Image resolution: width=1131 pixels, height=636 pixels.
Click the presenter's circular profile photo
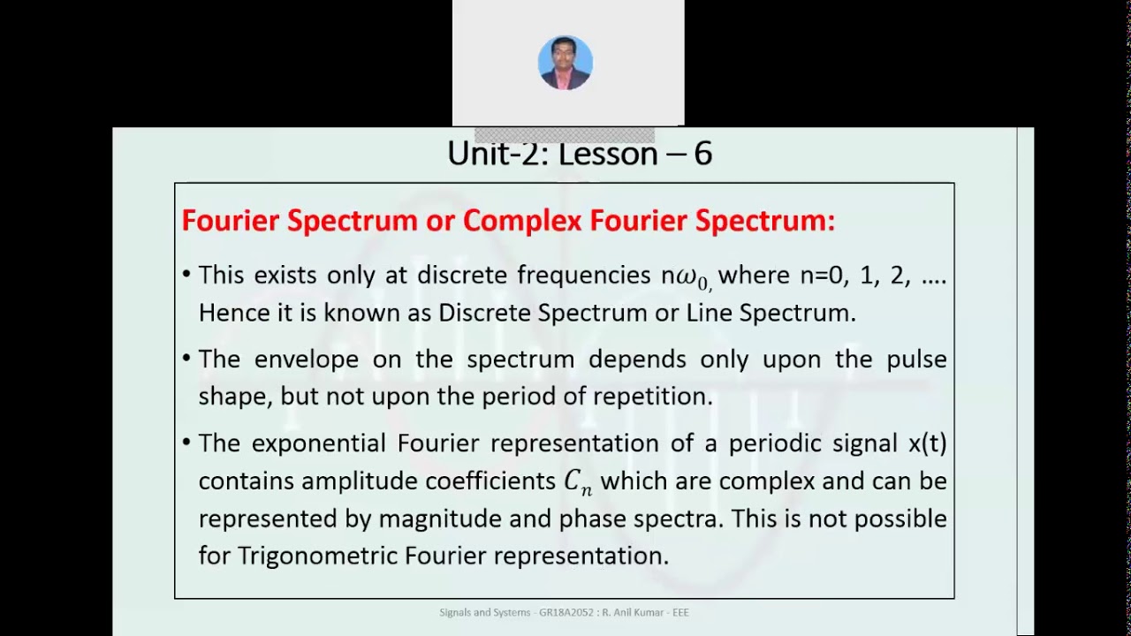tap(565, 63)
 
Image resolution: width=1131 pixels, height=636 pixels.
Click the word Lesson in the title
tap(609, 154)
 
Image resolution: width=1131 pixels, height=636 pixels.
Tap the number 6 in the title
tap(702, 154)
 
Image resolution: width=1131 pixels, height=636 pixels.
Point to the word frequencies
tap(584, 275)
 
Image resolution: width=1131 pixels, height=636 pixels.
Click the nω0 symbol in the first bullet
tap(687, 276)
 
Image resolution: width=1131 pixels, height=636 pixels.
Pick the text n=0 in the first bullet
tap(822, 275)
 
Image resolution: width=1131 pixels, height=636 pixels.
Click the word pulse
tap(916, 359)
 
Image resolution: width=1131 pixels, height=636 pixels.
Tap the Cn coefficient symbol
tap(578, 482)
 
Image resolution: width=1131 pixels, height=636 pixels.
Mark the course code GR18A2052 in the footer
tap(568, 612)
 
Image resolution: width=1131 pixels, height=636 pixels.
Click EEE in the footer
tap(679, 612)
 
